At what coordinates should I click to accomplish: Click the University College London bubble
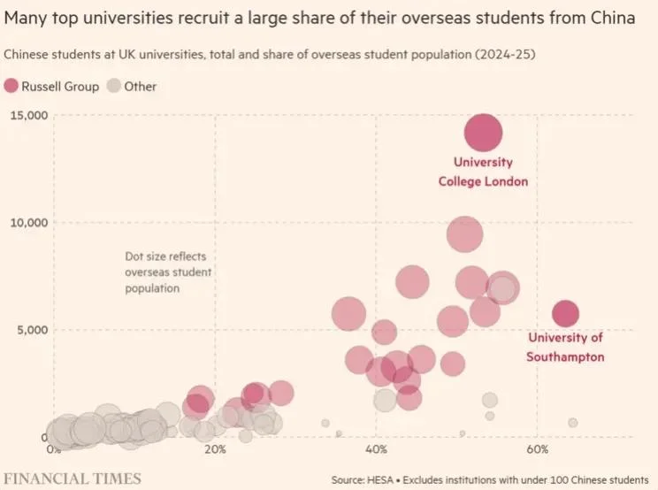coord(483,133)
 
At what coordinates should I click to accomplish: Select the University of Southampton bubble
coord(565,313)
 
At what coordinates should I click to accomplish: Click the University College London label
coord(483,172)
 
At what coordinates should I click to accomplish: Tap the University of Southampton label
coord(565,347)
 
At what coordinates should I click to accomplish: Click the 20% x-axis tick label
coord(215,449)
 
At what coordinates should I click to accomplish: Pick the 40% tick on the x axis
coord(376,449)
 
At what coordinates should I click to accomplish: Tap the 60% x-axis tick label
coord(537,449)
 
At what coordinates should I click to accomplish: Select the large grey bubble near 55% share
coord(503,288)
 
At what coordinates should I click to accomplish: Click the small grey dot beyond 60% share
coord(572,423)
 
